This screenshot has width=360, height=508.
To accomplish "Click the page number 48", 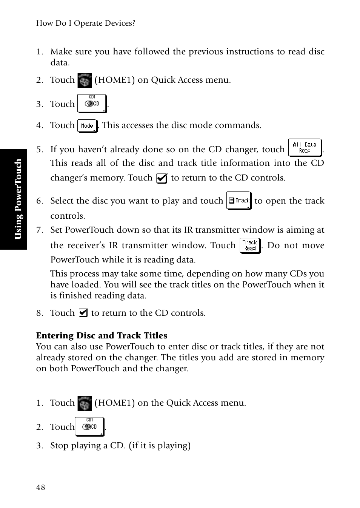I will click(40, 487).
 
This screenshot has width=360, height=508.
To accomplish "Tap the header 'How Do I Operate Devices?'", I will click(86, 23).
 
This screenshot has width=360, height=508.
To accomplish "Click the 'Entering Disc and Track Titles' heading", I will click(102, 335).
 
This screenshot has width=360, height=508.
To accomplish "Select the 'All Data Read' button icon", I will click(305, 148).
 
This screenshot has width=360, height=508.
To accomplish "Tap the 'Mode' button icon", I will click(87, 126).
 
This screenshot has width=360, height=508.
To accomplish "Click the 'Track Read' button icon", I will click(250, 246).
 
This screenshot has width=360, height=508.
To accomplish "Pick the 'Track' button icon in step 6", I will click(239, 201).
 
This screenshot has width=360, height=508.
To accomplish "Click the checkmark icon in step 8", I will click(83, 313).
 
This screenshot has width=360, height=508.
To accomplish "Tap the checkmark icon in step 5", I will click(162, 178).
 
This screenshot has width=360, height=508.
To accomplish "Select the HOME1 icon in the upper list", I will click(85, 80).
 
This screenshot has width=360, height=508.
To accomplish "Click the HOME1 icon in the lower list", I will click(85, 403).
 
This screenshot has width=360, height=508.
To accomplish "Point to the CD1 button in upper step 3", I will click(92, 103).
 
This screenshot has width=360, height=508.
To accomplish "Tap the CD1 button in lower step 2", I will click(89, 426).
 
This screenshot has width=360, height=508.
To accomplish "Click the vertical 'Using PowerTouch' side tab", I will click(18, 199).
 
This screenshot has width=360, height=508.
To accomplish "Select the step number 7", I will click(39, 230).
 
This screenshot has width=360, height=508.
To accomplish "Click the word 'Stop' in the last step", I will click(59, 446).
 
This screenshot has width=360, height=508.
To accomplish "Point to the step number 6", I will click(39, 201).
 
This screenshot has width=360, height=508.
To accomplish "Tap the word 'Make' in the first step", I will click(61, 52).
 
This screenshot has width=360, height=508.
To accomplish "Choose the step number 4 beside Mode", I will click(39, 125).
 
